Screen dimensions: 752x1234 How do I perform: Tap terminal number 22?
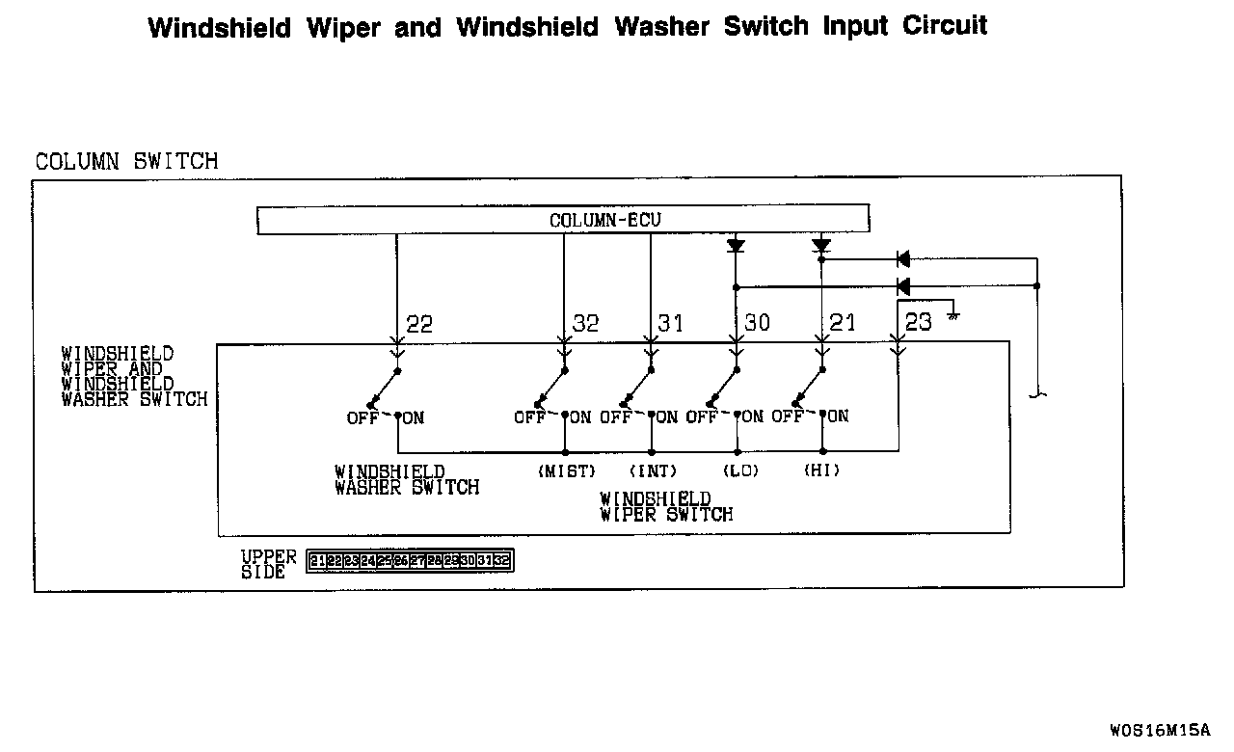[419, 324]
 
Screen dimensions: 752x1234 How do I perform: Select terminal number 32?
[586, 324]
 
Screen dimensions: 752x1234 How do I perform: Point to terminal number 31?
[670, 323]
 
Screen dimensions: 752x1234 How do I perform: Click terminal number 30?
[757, 323]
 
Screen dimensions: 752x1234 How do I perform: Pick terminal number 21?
[842, 323]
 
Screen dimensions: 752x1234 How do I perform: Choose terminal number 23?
[919, 322]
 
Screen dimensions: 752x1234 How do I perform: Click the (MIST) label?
[566, 471]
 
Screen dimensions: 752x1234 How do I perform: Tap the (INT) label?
[653, 471]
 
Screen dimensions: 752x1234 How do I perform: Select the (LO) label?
[739, 471]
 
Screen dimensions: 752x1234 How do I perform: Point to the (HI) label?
[821, 471]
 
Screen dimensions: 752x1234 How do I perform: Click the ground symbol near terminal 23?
[952, 315]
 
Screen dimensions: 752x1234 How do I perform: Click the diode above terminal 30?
[736, 246]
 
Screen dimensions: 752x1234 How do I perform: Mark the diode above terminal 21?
[821, 246]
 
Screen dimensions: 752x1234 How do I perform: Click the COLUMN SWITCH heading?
[126, 161]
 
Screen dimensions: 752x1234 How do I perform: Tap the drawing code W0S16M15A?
[1159, 729]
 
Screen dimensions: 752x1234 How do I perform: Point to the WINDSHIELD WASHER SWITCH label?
[406, 480]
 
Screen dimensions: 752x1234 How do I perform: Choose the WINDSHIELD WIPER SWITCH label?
[665, 507]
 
